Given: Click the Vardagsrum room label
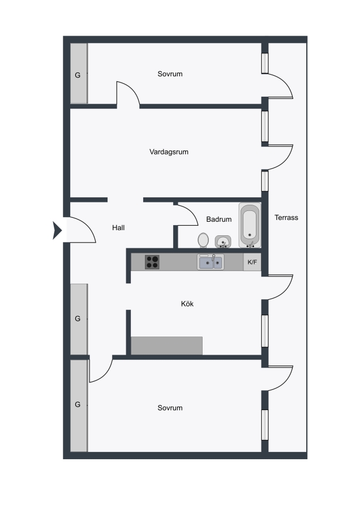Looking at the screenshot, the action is click(169, 152).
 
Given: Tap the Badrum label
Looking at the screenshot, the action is click(218, 219).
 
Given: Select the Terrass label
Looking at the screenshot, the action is click(286, 218).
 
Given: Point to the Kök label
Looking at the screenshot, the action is click(187, 304).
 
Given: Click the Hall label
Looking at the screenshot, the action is click(118, 228).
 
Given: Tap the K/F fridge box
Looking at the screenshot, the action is click(252, 262).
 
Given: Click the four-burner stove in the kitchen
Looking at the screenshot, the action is click(152, 262).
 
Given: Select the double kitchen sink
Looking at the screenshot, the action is click(211, 262).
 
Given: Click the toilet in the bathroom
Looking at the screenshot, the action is click(203, 240).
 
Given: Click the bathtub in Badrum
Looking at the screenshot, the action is click(250, 225).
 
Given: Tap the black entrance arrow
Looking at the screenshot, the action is click(57, 230).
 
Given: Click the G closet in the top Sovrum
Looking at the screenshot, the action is click(79, 74).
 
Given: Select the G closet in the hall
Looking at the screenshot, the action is click(79, 319).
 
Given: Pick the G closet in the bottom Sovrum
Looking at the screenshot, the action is click(79, 406).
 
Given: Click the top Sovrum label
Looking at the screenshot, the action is click(170, 74).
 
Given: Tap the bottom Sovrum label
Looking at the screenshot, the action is click(170, 408).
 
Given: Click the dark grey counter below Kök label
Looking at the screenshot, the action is click(166, 346).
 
